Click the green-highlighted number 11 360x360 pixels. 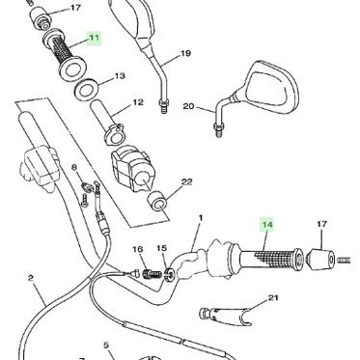[x=95, y=38]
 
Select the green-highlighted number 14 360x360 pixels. [x=267, y=224]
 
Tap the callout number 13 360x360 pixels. [x=120, y=76]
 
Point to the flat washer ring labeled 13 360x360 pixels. [x=87, y=89]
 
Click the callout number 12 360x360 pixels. [x=138, y=102]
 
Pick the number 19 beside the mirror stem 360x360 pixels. [x=185, y=53]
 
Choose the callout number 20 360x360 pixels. [x=188, y=106]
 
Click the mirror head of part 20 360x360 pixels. [x=271, y=88]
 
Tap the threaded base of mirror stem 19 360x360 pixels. [x=164, y=106]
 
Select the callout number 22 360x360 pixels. [x=186, y=182]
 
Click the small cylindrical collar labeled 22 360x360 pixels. [x=156, y=201]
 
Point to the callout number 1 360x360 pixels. [x=201, y=218]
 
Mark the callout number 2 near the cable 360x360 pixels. [x=31, y=278]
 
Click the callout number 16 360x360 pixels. [x=137, y=249]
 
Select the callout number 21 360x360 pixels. [x=273, y=298]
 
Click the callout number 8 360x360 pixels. [x=74, y=167]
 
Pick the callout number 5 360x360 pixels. [x=106, y=346]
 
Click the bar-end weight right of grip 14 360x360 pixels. [x=320, y=260]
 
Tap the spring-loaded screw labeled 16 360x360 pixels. [x=152, y=275]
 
